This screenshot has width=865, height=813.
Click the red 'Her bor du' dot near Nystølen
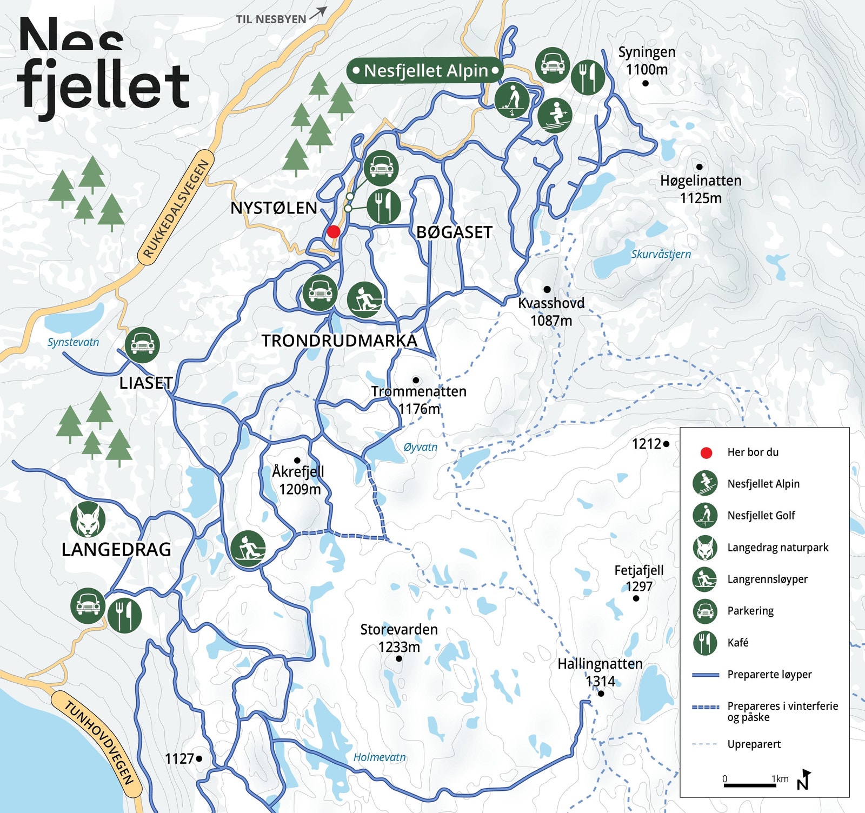tap(334, 232)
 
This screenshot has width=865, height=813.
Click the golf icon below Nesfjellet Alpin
tap(512, 100)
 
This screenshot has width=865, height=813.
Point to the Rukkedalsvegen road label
tap(176, 209)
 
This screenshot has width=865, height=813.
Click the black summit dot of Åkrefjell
tap(297, 460)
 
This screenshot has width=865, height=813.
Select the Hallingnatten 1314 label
tap(600, 672)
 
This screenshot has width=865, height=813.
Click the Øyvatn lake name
tap(420, 447)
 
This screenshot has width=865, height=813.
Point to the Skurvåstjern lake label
tap(661, 254)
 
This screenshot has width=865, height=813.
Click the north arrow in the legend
tap(804, 779)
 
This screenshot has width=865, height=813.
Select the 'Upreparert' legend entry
tap(754, 744)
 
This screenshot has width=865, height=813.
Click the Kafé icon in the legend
tap(705, 643)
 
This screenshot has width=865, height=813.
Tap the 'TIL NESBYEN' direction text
tap(271, 19)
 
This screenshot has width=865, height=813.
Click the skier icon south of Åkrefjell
tap(248, 549)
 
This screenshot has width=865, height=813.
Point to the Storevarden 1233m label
tap(399, 638)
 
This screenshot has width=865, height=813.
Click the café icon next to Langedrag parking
tap(125, 615)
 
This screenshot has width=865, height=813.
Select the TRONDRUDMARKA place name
tap(340, 341)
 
